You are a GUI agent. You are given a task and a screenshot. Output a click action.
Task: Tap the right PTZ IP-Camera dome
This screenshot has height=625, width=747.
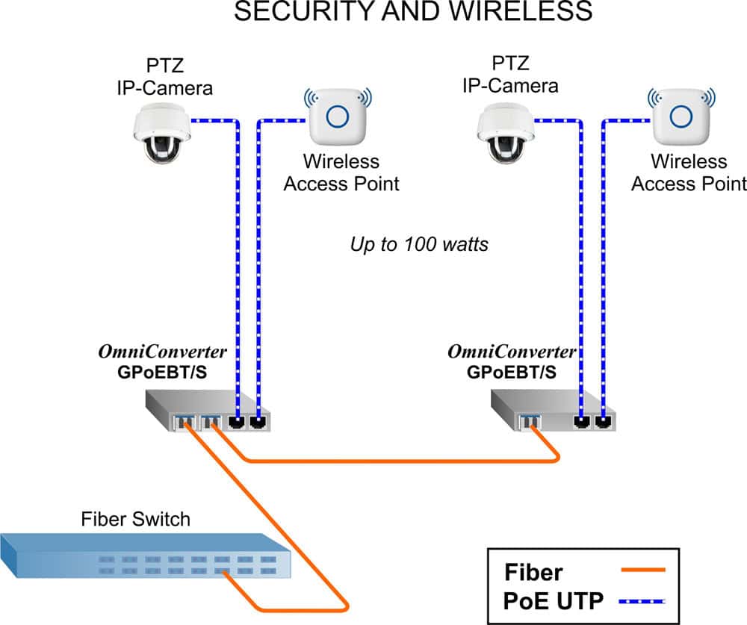pyautogui.click(x=505, y=133)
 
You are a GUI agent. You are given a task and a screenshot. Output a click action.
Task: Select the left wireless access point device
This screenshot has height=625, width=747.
pyautogui.click(x=340, y=117)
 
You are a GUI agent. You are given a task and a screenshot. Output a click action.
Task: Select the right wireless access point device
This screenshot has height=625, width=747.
pyautogui.click(x=680, y=117)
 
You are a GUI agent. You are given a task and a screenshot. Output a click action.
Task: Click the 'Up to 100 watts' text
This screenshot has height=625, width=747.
pyautogui.click(x=419, y=244)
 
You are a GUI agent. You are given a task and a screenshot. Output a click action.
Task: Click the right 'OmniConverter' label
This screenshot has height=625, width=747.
pyautogui.click(x=512, y=352)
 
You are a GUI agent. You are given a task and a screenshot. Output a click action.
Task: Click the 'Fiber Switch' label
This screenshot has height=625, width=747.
pyautogui.click(x=135, y=519)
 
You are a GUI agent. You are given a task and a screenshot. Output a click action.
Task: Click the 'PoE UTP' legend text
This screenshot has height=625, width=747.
pyautogui.click(x=551, y=600)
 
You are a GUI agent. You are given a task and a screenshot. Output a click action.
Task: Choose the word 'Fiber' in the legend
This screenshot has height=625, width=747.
pyautogui.click(x=533, y=573)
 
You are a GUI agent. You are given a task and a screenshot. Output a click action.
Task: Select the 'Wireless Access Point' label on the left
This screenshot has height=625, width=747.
pyautogui.click(x=341, y=172)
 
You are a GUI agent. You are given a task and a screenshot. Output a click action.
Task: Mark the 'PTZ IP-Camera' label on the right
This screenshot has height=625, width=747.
pyautogui.click(x=510, y=74)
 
